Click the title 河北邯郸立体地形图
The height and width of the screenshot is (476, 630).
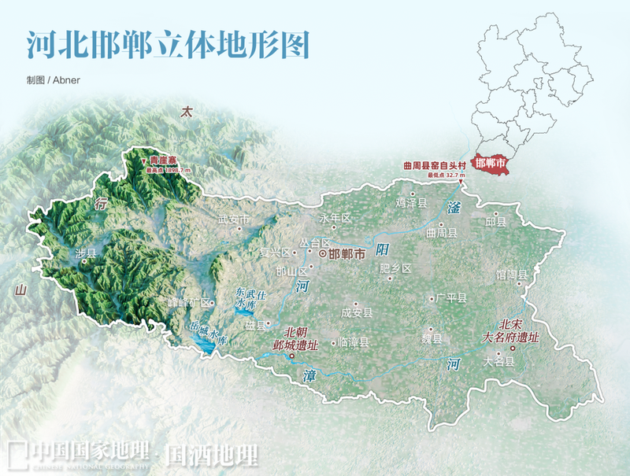(166, 46)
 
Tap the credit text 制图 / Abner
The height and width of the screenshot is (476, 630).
(53, 80)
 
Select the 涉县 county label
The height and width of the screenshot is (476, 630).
(85, 253)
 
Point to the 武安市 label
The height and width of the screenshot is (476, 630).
(233, 220)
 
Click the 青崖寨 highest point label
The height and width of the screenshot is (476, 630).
(165, 160)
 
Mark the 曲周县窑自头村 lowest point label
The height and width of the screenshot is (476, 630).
(430, 166)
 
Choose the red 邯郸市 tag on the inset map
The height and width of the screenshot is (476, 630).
(491, 164)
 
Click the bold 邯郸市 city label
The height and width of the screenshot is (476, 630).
(346, 254)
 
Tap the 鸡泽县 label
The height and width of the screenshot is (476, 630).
(411, 203)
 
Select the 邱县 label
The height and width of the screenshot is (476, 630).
(496, 223)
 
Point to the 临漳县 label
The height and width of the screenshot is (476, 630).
(353, 343)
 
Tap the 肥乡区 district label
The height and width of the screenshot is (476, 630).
(395, 269)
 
